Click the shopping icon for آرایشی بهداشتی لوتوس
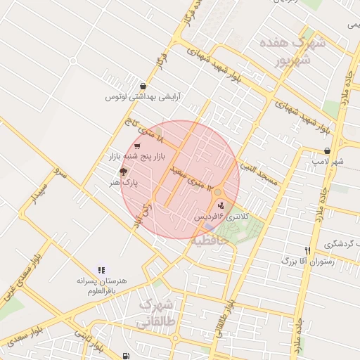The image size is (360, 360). pyautogui.click(x=143, y=86)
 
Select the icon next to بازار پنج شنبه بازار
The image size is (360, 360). pyautogui.click(x=137, y=146)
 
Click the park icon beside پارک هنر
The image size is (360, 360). pyautogui.click(x=123, y=172)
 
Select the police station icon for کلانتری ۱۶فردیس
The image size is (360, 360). pyautogui.click(x=223, y=205)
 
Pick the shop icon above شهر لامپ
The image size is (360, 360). pyautogui.click(x=328, y=150)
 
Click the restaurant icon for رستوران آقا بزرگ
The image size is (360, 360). pyautogui.click(x=307, y=250)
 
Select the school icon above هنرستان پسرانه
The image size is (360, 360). pyautogui.click(x=102, y=269)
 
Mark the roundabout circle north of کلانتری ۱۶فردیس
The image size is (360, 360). pyautogui.click(x=218, y=192)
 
